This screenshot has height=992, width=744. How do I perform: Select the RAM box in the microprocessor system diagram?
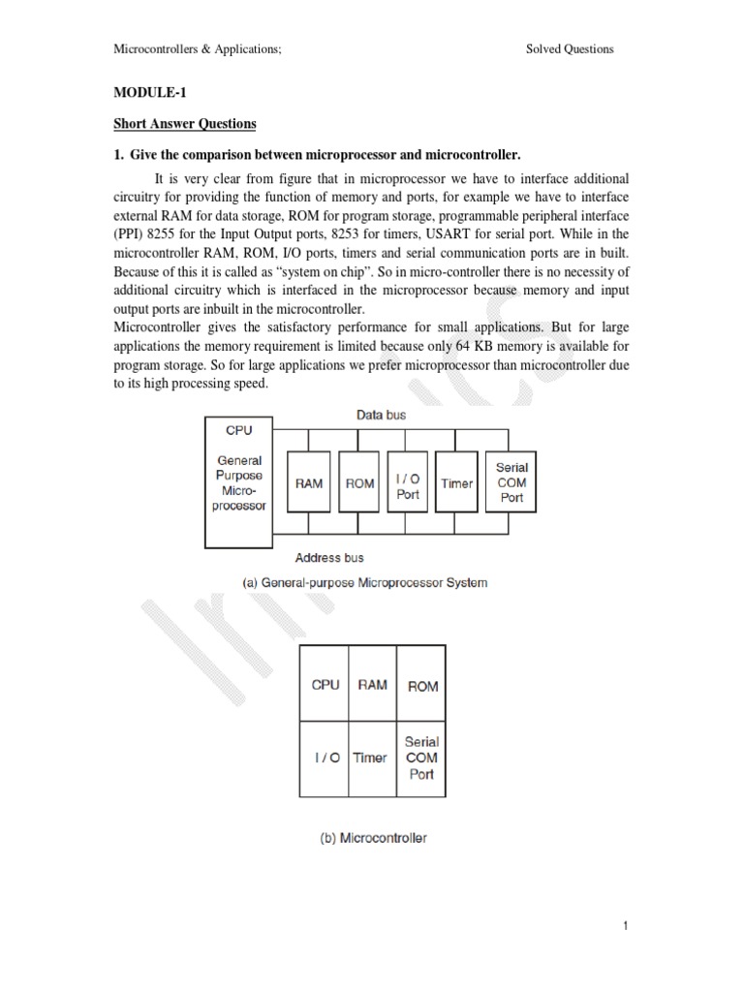[309, 482]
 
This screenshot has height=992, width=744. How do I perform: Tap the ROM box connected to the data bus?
[359, 482]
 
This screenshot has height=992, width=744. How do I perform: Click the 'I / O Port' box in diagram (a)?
[409, 482]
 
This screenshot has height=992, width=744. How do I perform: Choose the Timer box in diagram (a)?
[457, 482]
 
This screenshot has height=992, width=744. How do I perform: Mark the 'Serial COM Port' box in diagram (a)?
[511, 482]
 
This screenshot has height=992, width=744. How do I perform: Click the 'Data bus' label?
[382, 415]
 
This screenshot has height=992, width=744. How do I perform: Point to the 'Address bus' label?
[329, 557]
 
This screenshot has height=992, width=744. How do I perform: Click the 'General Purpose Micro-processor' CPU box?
[238, 481]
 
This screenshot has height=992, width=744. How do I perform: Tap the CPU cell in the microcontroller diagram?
[325, 685]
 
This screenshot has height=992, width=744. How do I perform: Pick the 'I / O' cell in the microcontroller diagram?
[325, 758]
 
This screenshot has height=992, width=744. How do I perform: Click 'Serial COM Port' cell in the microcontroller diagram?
[422, 758]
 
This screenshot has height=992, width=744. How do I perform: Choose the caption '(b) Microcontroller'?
[373, 838]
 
